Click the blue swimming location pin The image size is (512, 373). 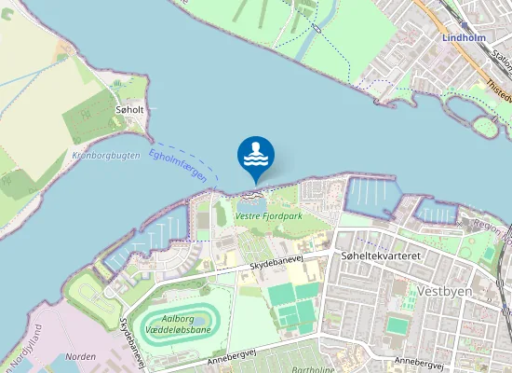(256, 156)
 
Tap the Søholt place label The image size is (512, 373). (129, 109)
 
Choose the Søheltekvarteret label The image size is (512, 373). (383, 255)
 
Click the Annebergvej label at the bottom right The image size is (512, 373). (414, 361)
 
